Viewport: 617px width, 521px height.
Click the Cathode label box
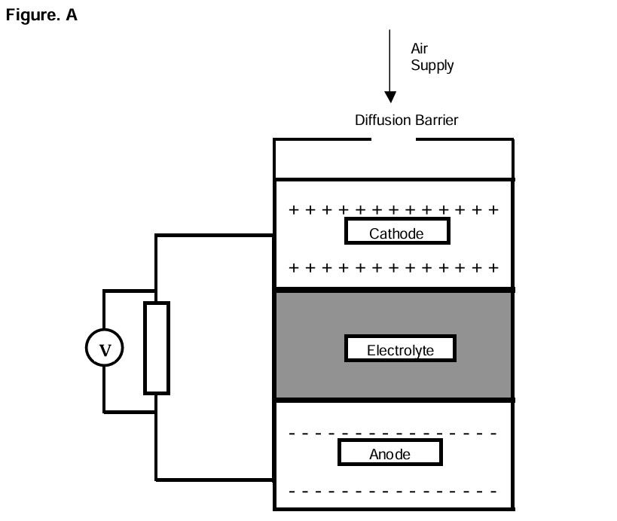[x=397, y=231]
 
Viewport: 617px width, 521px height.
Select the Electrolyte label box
[x=400, y=349]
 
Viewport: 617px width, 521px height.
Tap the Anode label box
[x=389, y=452]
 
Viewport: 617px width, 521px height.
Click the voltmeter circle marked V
[x=104, y=349]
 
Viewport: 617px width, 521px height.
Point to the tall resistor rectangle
[x=157, y=348]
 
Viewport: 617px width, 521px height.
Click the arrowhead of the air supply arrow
[x=390, y=97]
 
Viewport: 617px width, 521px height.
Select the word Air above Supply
[x=419, y=49]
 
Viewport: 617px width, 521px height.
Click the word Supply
[x=432, y=66]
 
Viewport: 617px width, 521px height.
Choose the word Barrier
[x=435, y=120]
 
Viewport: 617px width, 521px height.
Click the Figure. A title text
[x=41, y=15]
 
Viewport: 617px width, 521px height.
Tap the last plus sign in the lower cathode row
[x=493, y=267]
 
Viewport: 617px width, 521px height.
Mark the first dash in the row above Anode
[x=293, y=434]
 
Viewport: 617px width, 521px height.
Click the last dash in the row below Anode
[x=493, y=492]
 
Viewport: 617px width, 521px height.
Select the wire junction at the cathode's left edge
[x=273, y=235]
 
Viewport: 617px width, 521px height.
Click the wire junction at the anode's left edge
[x=273, y=479]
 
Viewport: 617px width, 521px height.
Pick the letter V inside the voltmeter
[x=105, y=349]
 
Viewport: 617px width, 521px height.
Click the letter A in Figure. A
[x=72, y=15]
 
